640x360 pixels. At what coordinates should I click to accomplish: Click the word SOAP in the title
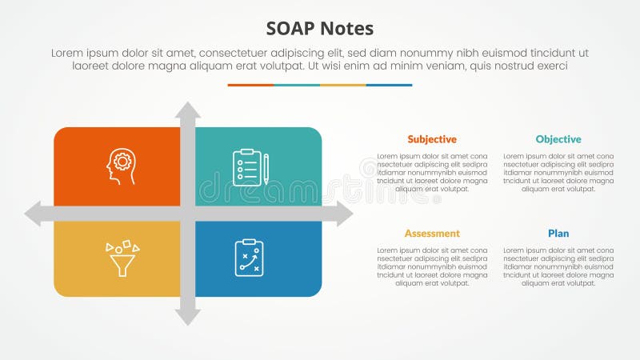coord(290,29)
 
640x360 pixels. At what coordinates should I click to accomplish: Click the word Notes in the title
coord(347,29)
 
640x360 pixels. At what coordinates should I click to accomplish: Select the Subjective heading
coord(431,139)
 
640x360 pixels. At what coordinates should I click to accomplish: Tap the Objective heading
coord(558,139)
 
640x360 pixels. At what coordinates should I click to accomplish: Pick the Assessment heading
coord(432,234)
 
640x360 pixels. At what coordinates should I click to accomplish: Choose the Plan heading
coord(558,234)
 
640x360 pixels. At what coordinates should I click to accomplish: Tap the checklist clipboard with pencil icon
coord(247,166)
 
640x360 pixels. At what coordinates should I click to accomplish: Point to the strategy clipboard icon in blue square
coord(249,258)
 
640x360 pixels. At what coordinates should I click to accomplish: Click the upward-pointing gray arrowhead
coord(188,110)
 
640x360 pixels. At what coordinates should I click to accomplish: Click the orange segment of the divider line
coord(250,85)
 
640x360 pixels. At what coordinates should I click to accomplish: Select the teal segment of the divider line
coord(297,85)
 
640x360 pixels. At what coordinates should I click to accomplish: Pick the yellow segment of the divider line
coord(343,85)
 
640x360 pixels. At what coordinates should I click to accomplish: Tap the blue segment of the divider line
coord(390,85)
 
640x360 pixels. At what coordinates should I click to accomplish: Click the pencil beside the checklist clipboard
coord(266,168)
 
